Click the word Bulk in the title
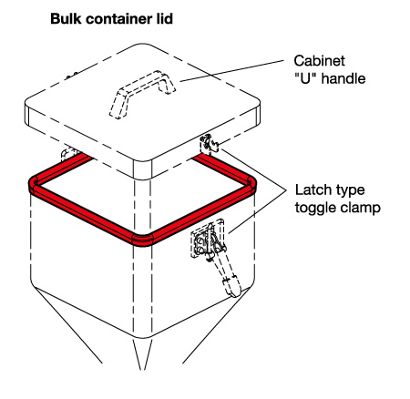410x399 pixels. pos(66,19)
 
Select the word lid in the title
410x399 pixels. pos(166,19)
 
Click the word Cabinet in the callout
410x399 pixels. pos(319,61)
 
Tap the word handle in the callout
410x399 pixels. pos(343,78)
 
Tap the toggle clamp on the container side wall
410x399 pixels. pos(212,252)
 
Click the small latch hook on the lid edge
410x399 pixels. pos(210,144)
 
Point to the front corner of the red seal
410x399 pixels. pos(142,239)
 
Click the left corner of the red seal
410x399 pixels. pos(34,183)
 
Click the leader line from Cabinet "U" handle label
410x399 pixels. pos(231,71)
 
